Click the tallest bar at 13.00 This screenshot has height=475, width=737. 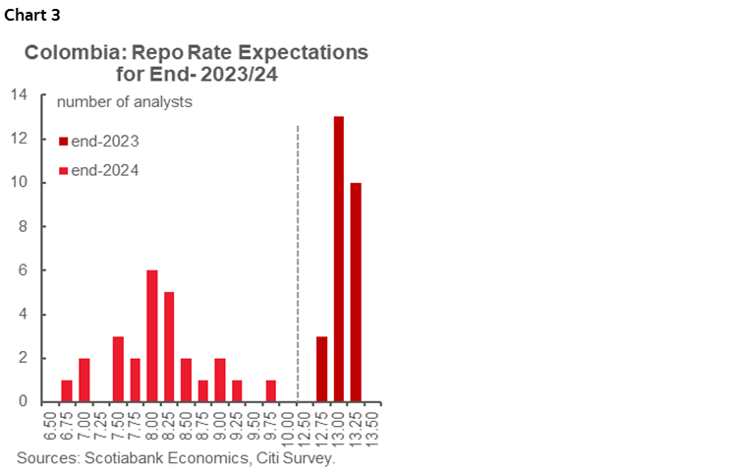338,260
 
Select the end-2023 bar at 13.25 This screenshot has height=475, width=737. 356,292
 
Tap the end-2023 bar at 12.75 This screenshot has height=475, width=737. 321,369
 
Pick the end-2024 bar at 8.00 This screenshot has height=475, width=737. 152,336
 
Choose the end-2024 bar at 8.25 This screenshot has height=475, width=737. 169,347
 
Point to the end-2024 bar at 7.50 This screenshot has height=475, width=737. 118,369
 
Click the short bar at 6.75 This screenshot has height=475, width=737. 67,390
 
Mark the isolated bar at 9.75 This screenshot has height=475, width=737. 270,390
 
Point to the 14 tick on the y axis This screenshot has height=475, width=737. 18,95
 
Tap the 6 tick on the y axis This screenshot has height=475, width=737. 22,270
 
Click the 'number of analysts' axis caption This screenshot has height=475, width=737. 124,100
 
